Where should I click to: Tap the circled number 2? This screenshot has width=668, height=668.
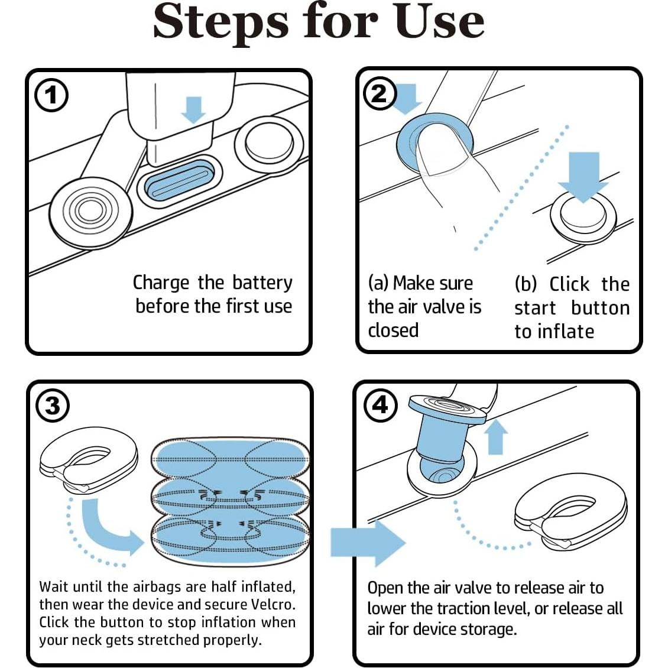pos(380,93)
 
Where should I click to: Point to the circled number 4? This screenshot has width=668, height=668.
pos(380,405)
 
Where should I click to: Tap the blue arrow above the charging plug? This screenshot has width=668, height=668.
pos(193,109)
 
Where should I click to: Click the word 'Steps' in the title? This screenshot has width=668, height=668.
pos(220,22)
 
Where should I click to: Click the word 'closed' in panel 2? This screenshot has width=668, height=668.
pos(393,330)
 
